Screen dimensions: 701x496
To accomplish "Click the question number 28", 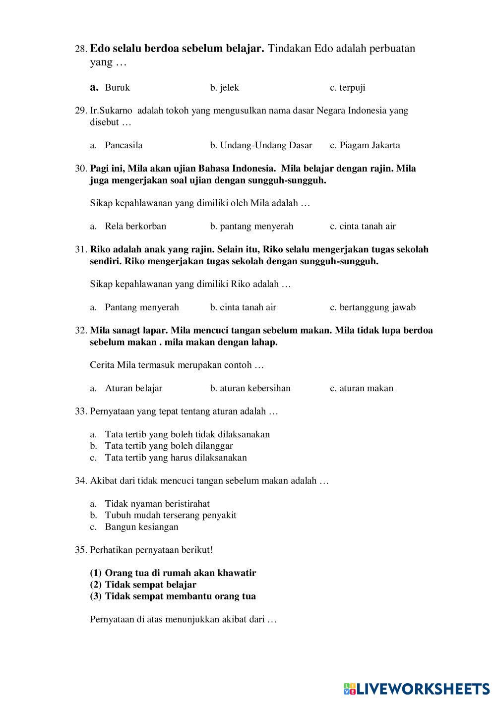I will tap(81, 49).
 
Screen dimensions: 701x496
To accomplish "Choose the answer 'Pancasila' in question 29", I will tap(124, 145).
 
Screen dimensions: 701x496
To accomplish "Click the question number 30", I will tap(81, 169).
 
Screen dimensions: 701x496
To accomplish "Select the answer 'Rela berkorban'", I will tap(135, 227).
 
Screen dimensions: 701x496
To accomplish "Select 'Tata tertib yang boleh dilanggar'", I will tap(169, 446).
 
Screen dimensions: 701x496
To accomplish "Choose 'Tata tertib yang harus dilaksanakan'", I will tap(176, 458).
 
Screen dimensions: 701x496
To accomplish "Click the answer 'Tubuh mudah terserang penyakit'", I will tap(171, 515).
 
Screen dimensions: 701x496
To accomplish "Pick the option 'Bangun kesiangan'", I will tap(141, 527).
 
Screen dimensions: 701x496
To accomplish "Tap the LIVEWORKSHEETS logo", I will tap(417, 688).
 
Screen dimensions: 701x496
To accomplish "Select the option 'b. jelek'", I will tap(224, 88).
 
